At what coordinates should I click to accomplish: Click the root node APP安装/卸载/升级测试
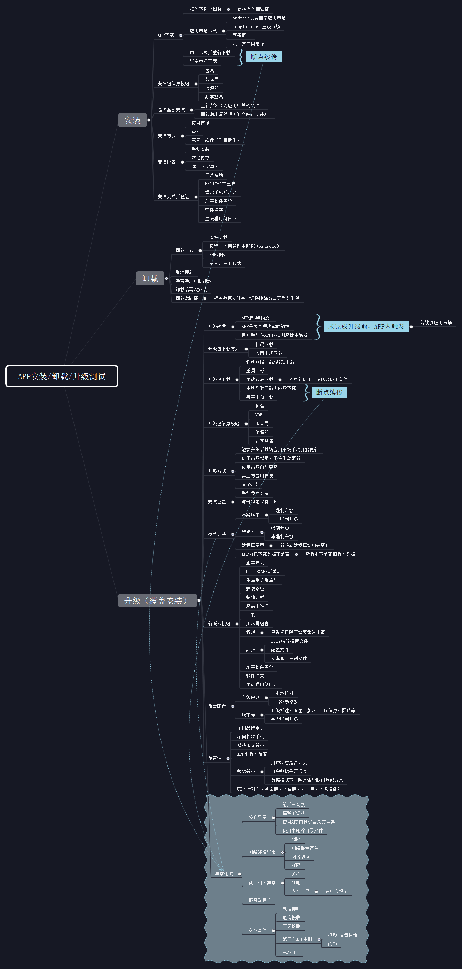click(62, 376)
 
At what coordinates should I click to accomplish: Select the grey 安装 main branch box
click(132, 120)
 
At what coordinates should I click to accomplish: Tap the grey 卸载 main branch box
click(150, 278)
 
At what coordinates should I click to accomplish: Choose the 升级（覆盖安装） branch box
click(157, 600)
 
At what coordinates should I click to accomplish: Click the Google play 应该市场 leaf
click(256, 27)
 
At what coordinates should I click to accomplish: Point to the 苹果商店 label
click(241, 35)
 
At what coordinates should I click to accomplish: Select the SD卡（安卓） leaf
click(204, 166)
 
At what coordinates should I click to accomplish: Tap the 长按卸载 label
click(218, 237)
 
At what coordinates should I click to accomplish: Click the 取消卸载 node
click(185, 272)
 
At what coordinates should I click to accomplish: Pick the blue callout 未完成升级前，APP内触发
click(366, 326)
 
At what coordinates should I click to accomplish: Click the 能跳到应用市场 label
click(436, 323)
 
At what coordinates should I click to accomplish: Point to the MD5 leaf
click(259, 415)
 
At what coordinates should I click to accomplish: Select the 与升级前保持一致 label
click(259, 502)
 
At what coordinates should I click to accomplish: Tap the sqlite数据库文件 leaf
click(289, 641)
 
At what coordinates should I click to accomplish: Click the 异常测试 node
click(224, 873)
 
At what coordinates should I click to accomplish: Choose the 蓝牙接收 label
click(291, 926)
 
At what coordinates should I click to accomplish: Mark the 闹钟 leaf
click(332, 943)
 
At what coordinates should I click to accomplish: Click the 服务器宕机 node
click(259, 900)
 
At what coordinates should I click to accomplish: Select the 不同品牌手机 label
click(250, 728)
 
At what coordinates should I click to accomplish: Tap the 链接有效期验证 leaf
click(253, 9)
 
